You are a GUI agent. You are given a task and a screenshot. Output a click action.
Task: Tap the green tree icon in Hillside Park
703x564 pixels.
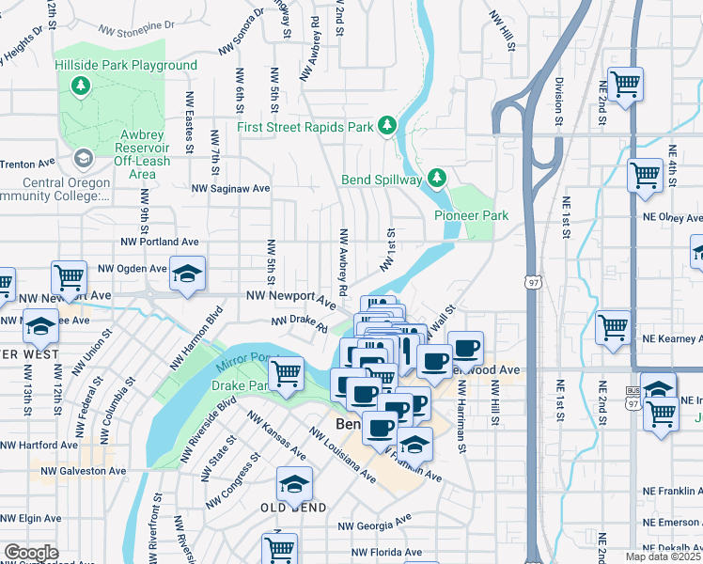(x=82, y=86)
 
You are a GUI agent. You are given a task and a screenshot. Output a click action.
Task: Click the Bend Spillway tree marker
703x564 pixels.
(x=436, y=177)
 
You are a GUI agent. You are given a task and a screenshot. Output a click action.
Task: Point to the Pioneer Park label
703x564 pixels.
(x=471, y=215)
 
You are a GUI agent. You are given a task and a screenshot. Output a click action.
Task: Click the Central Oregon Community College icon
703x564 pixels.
(x=83, y=158)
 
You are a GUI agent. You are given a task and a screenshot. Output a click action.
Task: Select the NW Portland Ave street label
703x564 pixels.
(x=160, y=241)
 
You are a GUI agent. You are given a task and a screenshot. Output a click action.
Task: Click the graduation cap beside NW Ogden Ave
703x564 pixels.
(x=188, y=274)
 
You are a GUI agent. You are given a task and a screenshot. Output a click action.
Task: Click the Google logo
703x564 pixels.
(x=31, y=553)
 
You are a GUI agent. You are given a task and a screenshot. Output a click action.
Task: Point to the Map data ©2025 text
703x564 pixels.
(x=662, y=556)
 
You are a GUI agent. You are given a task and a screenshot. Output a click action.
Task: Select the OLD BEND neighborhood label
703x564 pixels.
(x=293, y=508)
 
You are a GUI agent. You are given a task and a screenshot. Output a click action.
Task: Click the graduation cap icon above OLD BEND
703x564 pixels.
(x=294, y=484)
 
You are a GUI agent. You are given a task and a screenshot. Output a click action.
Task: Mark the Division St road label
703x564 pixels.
(x=558, y=102)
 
